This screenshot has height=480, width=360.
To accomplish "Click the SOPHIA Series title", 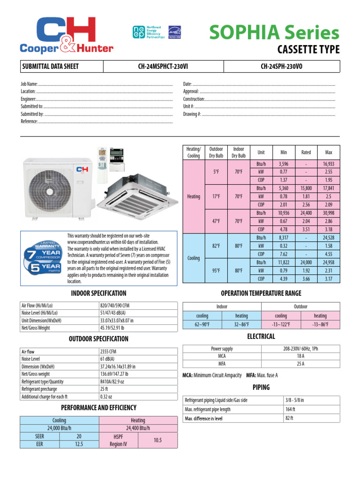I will tap(274, 33).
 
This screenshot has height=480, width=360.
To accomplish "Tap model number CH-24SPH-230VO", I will tap(281, 67).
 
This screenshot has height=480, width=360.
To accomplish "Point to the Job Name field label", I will tap(29, 84).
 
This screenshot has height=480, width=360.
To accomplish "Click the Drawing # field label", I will tap(192, 114).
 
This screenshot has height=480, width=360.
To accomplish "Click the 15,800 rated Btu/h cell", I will tap(306, 188).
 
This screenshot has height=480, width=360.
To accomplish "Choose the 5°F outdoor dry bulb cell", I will tap(216, 172).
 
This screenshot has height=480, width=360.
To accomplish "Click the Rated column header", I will tap(306, 152).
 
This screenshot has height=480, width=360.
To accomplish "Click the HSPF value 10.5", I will tap(157, 440).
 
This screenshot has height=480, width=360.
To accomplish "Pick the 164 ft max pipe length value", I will tap(290, 409).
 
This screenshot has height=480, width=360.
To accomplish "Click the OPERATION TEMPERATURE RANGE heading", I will tap(261, 293).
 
